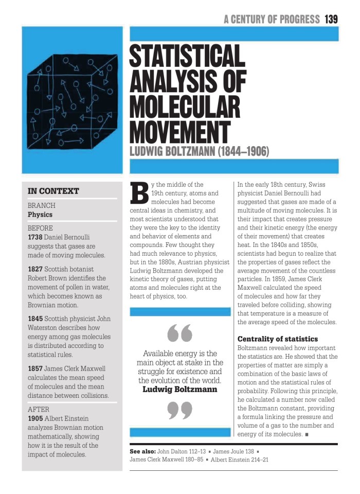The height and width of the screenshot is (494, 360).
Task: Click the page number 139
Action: coord(331,20)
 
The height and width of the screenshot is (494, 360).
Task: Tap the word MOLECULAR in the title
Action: coord(185,107)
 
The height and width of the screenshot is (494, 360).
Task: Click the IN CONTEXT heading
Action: coord(53,191)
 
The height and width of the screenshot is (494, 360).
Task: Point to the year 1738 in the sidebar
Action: coord(36,237)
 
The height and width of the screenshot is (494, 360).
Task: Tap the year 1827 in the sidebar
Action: coord(36,269)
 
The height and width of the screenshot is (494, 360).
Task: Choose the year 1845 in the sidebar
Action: coord(36,319)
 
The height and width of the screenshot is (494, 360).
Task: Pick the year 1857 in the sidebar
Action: coord(36,368)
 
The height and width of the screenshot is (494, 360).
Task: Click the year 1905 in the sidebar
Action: coord(36,418)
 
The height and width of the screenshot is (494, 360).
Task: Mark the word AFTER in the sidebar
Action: coord(39,410)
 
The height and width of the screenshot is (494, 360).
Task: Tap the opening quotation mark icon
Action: coord(180,333)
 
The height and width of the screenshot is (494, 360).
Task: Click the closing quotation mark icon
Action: coord(180,411)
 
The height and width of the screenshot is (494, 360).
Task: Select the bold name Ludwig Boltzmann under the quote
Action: coord(180,390)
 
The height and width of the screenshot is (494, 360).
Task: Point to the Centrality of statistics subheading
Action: coord(278,339)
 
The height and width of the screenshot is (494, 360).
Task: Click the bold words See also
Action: coord(142,451)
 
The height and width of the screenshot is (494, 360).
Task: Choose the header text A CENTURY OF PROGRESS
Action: coord(272,20)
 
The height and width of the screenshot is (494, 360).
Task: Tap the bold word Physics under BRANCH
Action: coord(40,215)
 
